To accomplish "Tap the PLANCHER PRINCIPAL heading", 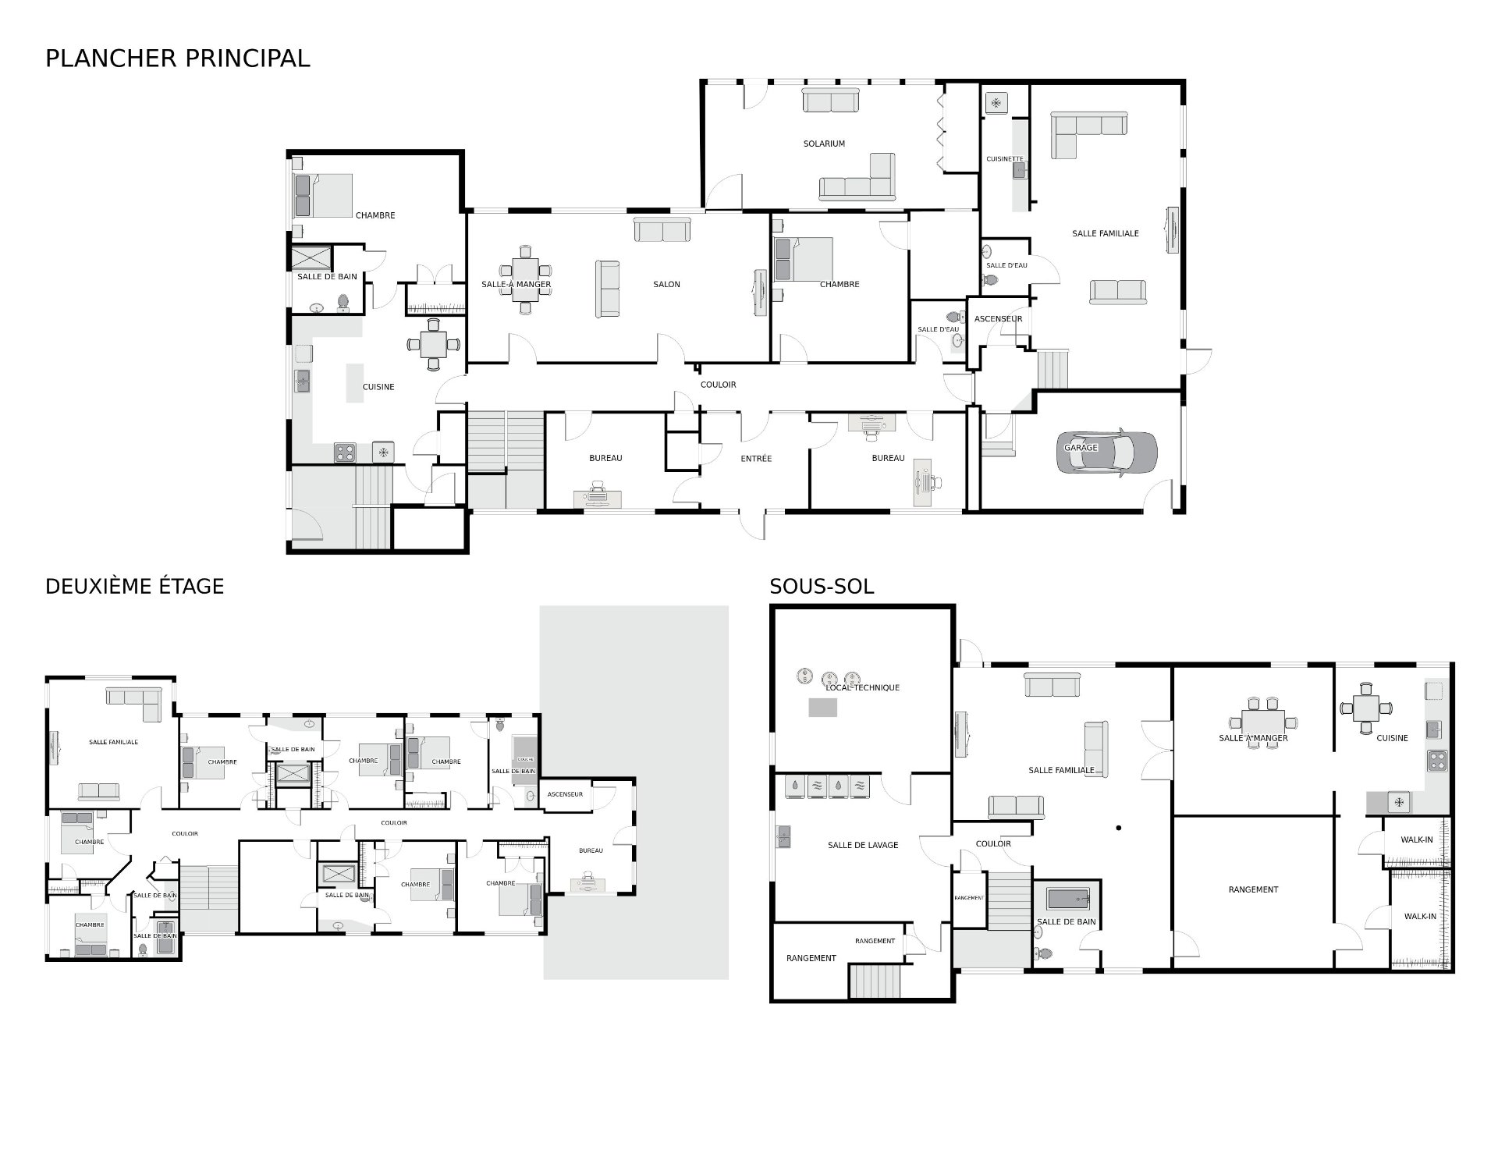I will point(178,59).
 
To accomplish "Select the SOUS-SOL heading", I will point(822,586).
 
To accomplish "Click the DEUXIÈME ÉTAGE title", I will point(134,586).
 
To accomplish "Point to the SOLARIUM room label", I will point(824,144).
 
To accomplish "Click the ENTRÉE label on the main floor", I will point(755,459).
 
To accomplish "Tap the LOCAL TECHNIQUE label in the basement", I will point(862,687).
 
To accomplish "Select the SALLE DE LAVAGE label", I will point(862,845).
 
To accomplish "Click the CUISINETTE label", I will point(1004,159).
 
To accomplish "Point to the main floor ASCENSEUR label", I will point(998,319).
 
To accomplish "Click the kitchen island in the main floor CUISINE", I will point(355,382).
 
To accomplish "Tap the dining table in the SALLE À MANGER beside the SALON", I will point(525,279).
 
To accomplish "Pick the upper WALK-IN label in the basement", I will point(1417,840).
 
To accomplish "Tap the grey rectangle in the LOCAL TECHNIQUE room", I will point(822,707).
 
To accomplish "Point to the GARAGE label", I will point(1081,448).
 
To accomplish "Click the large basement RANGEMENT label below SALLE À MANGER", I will point(1253,889).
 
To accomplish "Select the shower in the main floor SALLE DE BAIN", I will point(311,258).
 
